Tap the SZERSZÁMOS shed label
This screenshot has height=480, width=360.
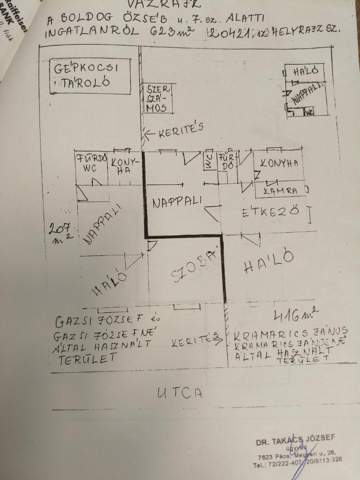pos(156,98)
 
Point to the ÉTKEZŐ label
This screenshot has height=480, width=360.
pos(270,212)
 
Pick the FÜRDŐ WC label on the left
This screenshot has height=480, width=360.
pos(91,163)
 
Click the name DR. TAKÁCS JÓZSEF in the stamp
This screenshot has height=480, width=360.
pos(295,440)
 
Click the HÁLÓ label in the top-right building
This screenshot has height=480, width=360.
pos(306,71)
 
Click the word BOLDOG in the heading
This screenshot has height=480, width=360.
pos(84,19)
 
